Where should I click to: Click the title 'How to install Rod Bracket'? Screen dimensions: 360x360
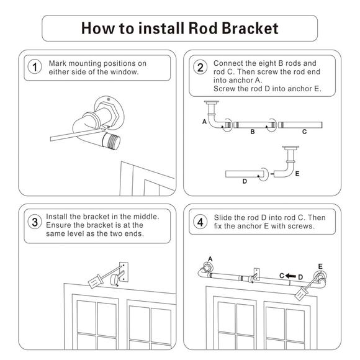click(180, 28)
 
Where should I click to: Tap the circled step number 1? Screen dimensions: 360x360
click(35, 67)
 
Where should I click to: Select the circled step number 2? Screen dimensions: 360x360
click(200, 67)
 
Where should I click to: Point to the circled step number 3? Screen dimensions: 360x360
click(35, 222)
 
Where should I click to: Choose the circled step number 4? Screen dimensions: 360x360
click(200, 222)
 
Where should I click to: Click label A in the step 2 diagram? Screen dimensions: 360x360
click(204, 123)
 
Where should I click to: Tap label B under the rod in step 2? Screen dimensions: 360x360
click(252, 132)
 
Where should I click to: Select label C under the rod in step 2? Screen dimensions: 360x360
click(304, 132)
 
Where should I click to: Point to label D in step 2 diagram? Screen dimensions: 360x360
click(245, 181)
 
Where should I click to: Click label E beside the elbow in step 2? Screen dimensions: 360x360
click(297, 174)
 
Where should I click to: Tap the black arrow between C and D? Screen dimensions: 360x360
click(290, 275)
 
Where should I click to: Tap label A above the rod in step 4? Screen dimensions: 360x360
click(210, 258)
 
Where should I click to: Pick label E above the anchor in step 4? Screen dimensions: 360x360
click(320, 266)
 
